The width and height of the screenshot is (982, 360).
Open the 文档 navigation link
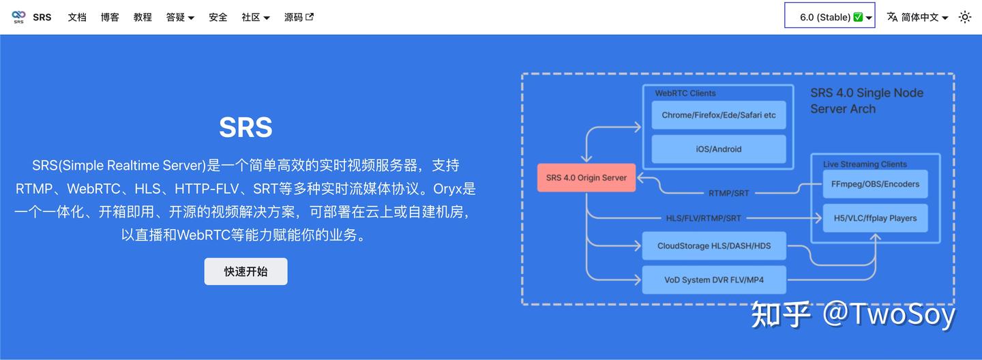point(77,17)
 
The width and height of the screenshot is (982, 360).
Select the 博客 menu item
point(110,17)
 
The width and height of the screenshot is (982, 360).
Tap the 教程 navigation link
point(143,17)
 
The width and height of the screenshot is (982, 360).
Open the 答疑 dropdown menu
point(180,17)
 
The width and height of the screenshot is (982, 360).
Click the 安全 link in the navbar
point(218,17)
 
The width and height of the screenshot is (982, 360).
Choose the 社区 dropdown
point(256,17)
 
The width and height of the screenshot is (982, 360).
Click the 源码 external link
point(299,17)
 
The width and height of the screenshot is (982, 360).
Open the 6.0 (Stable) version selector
point(829,17)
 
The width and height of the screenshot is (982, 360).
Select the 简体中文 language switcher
point(917,17)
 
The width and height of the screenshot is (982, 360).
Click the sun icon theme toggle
point(965,17)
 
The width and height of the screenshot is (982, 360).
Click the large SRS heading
point(245,127)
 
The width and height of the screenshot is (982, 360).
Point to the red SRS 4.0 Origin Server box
point(586,178)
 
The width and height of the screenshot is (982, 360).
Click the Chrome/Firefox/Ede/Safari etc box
point(719,115)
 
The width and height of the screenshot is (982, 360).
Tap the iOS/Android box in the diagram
point(719,149)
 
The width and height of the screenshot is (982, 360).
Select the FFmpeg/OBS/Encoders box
point(875,184)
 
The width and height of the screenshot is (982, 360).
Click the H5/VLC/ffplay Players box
point(875,218)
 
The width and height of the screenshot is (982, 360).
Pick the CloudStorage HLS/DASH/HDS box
point(714,245)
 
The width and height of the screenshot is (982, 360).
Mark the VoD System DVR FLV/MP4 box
point(714,280)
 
